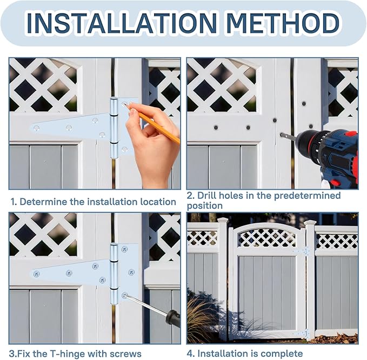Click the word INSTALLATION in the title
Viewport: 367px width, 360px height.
click(x=122, y=23)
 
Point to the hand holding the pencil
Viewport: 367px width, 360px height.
click(x=153, y=145)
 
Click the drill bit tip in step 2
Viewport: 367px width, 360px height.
click(x=281, y=135)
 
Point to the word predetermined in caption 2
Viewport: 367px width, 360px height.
click(x=308, y=196)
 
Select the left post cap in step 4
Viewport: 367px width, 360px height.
click(x=223, y=220)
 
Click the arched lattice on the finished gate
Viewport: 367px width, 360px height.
click(x=267, y=237)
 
